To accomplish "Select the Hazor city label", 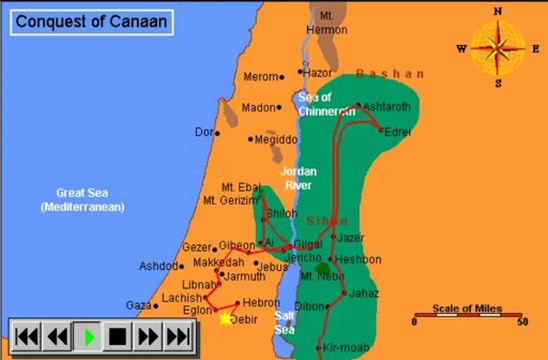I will tap(318, 73).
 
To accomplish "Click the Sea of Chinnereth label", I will tap(327, 103).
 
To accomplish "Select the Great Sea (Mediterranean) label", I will tap(82, 201).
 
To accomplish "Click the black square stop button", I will tap(118, 336).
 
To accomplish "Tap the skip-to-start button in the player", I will tap(27, 336).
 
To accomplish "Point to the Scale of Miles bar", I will tap(466, 318).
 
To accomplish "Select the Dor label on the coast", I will tap(204, 132).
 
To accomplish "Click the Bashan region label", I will tap(390, 74).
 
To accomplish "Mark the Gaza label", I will tap(138, 305).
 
